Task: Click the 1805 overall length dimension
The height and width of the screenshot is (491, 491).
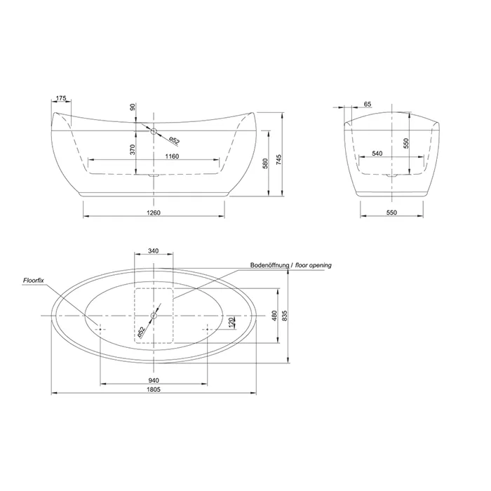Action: pyautogui.click(x=154, y=389)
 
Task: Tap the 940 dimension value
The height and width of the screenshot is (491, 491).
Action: pyautogui.click(x=154, y=380)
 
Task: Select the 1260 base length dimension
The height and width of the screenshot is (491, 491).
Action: pyautogui.click(x=154, y=213)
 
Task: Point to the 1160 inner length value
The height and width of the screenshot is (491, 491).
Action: pyautogui.click(x=172, y=156)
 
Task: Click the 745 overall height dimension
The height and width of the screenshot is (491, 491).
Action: pyautogui.click(x=279, y=159)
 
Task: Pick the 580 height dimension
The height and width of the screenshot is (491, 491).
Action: pyautogui.click(x=265, y=163)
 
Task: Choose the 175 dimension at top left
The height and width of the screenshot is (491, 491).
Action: pyautogui.click(x=61, y=98)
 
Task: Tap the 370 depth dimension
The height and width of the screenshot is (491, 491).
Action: pyautogui.click(x=133, y=149)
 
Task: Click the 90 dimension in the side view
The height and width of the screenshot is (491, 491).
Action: pyautogui.click(x=133, y=107)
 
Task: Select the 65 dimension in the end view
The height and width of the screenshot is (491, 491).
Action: pyautogui.click(x=368, y=104)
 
